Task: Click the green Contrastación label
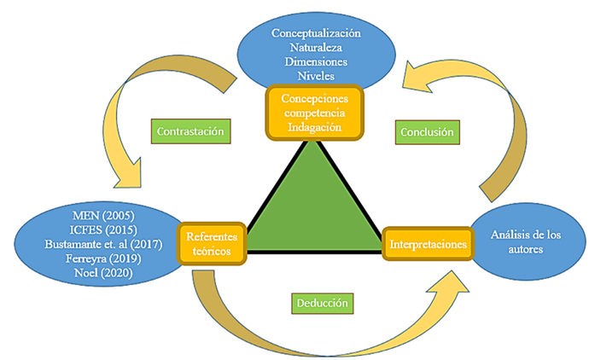tap(195, 132)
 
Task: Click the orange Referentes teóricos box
tap(212, 244)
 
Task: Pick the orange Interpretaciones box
tap(428, 244)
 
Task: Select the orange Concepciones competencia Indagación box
tap(315, 111)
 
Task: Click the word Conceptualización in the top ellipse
tap(316, 32)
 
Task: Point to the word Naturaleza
tap(316, 47)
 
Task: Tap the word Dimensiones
tap(316, 61)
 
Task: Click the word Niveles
tap(316, 76)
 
